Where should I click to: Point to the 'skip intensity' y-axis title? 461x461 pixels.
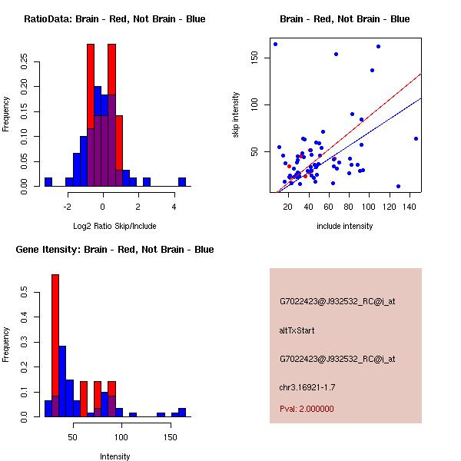237,115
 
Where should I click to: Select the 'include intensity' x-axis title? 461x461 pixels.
344,226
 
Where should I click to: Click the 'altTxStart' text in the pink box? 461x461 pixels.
297,330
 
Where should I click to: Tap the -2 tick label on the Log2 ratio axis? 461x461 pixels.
68,207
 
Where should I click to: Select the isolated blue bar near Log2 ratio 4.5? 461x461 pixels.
182,182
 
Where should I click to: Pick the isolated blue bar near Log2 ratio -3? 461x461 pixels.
48,182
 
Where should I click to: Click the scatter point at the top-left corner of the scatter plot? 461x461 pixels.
275,44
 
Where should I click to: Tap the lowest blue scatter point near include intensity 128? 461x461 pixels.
398,186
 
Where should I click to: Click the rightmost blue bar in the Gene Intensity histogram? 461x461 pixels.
182,412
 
